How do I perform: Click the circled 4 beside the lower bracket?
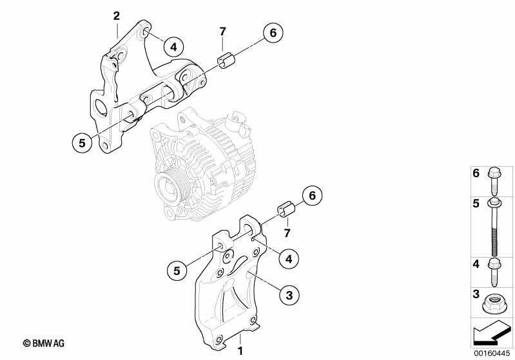tap(289, 258)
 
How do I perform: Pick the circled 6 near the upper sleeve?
tap(272, 33)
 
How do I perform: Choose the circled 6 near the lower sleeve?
tap(311, 195)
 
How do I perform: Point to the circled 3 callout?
tap(289, 295)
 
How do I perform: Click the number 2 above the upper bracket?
tap(117, 15)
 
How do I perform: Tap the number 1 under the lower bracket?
tap(240, 352)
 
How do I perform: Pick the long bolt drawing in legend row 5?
tap(493, 225)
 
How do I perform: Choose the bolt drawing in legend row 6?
tap(493, 180)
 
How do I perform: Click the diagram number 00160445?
tap(491, 354)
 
